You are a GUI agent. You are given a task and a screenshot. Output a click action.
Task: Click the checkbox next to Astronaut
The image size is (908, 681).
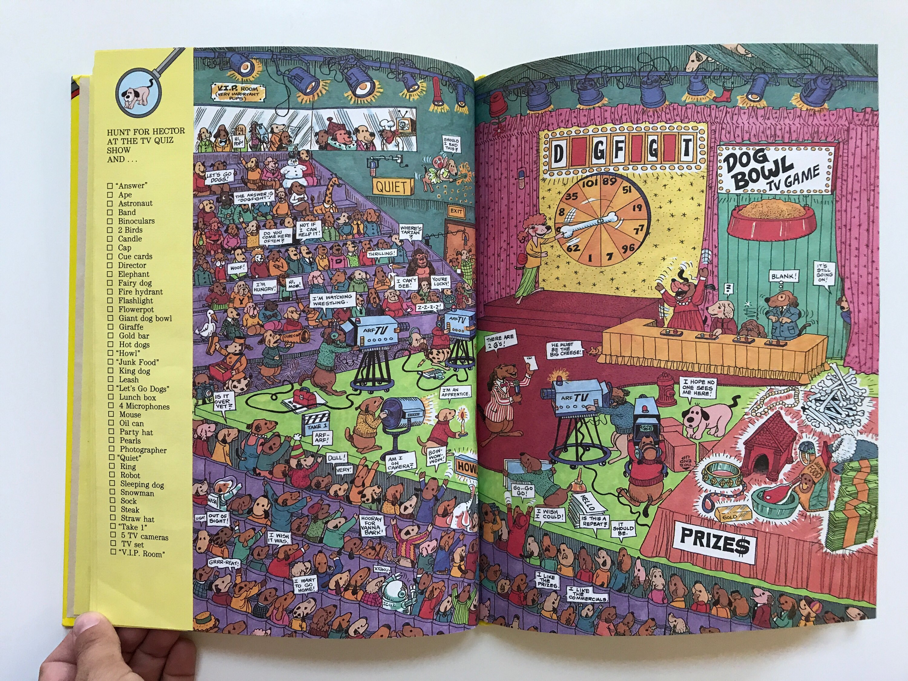click(x=110, y=204)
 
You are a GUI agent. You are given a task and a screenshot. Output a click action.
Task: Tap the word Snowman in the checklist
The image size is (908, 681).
click(x=137, y=493)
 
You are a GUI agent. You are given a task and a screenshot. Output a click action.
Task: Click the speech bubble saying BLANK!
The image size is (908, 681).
click(x=784, y=277)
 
